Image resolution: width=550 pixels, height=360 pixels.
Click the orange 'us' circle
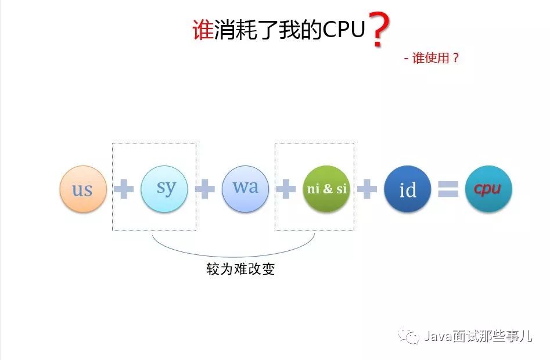tap(83, 189)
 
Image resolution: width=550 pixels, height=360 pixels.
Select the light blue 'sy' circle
tap(164, 189)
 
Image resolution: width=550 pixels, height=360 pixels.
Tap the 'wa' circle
tap(245, 189)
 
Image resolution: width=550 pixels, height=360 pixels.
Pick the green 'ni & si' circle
tap(326, 189)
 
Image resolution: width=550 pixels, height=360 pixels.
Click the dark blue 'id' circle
tap(408, 189)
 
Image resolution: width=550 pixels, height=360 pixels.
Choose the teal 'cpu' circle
tap(488, 189)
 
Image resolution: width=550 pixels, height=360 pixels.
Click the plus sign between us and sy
tap(123, 189)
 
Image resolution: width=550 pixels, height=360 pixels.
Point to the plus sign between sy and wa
tap(204, 189)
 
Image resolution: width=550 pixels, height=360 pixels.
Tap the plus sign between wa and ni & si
tap(285, 189)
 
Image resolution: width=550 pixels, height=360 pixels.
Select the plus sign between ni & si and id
tap(366, 189)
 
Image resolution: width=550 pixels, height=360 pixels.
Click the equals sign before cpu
tap(448, 189)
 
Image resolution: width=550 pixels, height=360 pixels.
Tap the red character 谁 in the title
tap(203, 30)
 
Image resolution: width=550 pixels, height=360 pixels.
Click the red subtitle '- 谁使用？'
tap(432, 58)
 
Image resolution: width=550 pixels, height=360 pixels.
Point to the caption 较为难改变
tap(240, 270)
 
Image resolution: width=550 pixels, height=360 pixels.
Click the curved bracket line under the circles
tap(233, 255)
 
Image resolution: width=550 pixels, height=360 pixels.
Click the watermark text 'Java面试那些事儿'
tap(477, 336)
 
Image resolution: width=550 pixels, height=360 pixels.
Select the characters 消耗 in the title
tap(236, 30)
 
